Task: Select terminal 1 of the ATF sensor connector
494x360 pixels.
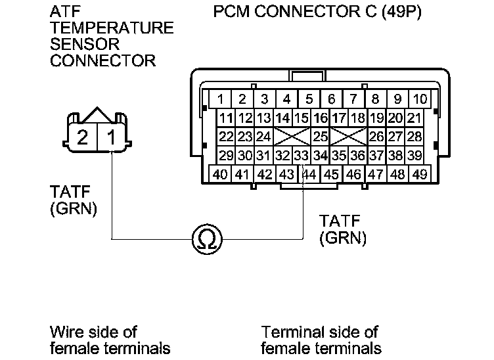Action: (x=113, y=137)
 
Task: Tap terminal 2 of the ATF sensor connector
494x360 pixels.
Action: (x=83, y=137)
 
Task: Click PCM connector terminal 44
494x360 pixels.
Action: (x=309, y=175)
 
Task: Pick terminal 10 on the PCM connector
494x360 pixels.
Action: (x=420, y=100)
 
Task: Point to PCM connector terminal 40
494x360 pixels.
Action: (x=221, y=175)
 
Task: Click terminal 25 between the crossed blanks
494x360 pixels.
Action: (x=320, y=137)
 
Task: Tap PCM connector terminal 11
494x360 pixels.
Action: (x=227, y=119)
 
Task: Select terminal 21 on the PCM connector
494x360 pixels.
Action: (x=414, y=119)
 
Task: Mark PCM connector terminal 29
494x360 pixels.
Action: (x=227, y=156)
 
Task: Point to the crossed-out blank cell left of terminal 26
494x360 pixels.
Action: (x=348, y=137)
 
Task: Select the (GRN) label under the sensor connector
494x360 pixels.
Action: (x=74, y=209)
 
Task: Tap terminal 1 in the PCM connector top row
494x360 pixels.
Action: (x=221, y=100)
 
